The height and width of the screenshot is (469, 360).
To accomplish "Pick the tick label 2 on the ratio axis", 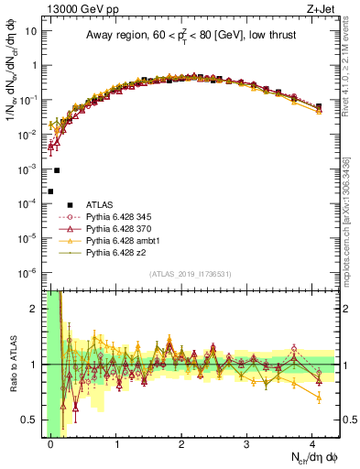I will coord(35,309).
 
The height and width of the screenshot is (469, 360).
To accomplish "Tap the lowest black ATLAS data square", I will coord(51,191).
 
